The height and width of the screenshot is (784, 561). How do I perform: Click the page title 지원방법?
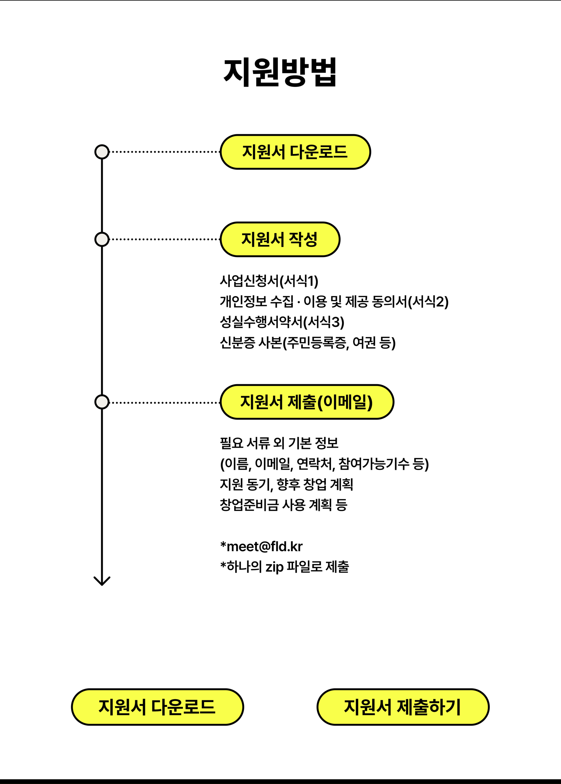tap(280, 72)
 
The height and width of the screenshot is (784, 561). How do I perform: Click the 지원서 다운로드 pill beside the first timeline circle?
tap(295, 152)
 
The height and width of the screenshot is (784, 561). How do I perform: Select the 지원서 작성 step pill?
tap(280, 239)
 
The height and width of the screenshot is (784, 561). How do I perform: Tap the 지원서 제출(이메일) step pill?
tap(307, 402)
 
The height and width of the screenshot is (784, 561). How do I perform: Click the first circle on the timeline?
tap(102, 152)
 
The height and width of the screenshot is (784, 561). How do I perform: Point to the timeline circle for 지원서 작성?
tap(102, 239)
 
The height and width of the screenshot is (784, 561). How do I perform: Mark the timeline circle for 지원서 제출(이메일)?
tap(102, 402)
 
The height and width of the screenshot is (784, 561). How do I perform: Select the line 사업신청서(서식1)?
tap(269, 281)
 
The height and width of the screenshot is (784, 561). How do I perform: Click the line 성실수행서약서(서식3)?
tap(282, 322)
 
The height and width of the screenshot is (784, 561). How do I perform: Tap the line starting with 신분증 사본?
tap(307, 343)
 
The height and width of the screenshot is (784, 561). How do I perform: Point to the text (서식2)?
tap(428, 302)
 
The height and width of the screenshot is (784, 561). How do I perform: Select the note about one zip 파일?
tap(285, 567)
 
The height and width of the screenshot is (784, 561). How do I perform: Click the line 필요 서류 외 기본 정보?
tap(279, 443)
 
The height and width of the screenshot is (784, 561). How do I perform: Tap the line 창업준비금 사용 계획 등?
tap(283, 505)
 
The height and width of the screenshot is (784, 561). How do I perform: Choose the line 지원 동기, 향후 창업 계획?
tap(286, 484)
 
